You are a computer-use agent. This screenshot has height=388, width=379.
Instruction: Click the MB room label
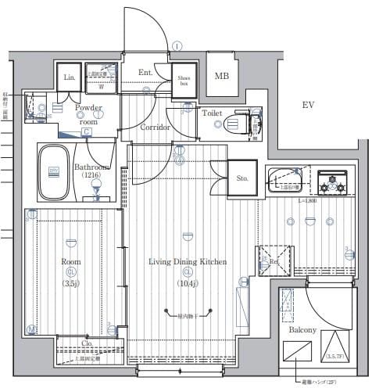[x=222, y=76]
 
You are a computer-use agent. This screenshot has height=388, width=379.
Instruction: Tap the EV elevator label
[x=310, y=104]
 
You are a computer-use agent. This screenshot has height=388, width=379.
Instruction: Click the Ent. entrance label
[x=145, y=73]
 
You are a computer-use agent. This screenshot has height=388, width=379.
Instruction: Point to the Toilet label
[x=212, y=113]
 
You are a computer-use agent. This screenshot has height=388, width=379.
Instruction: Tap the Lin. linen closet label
[x=68, y=77]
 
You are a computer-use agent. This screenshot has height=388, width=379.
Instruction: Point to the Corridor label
[x=156, y=127]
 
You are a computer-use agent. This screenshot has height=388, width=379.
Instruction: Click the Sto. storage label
[x=242, y=178]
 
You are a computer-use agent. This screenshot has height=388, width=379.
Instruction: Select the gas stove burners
[x=331, y=185]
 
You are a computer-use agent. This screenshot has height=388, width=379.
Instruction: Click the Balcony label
[x=302, y=330]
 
